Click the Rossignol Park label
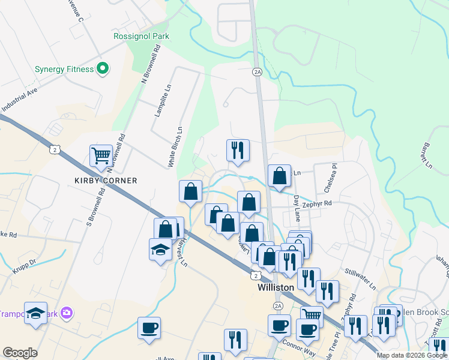point(142,36)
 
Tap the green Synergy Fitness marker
point(102,69)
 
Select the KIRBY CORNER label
point(106,181)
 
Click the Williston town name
point(276,287)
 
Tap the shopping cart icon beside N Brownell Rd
point(101,155)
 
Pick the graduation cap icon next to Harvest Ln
point(160,249)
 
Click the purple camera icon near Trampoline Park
point(67,313)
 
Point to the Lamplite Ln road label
point(159,100)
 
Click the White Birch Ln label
point(174,147)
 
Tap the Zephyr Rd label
point(318,204)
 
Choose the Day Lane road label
point(297,206)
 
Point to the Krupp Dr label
point(25,263)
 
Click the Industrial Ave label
point(19,101)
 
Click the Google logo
point(20,353)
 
